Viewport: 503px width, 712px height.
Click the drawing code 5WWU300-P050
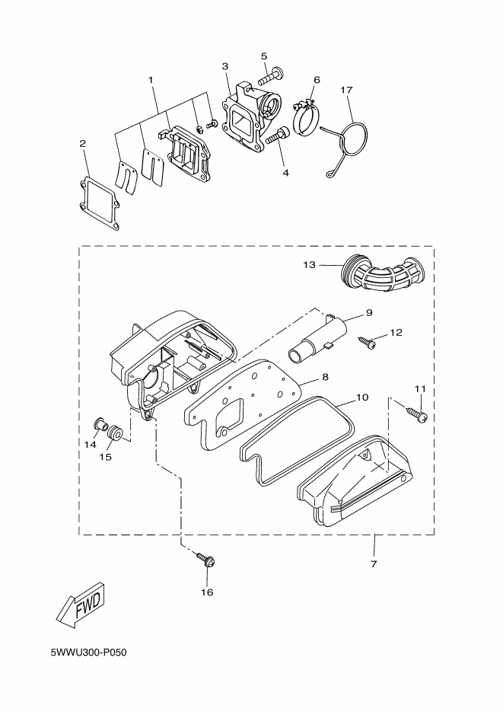[x=88, y=653]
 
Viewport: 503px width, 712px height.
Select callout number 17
[x=346, y=90]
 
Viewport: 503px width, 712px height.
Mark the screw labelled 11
[x=417, y=414]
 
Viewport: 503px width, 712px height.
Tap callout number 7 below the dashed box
[x=374, y=564]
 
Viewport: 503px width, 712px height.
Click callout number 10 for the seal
[x=362, y=398]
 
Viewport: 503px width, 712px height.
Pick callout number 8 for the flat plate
[x=325, y=376]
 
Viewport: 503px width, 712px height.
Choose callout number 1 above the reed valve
[x=151, y=79]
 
